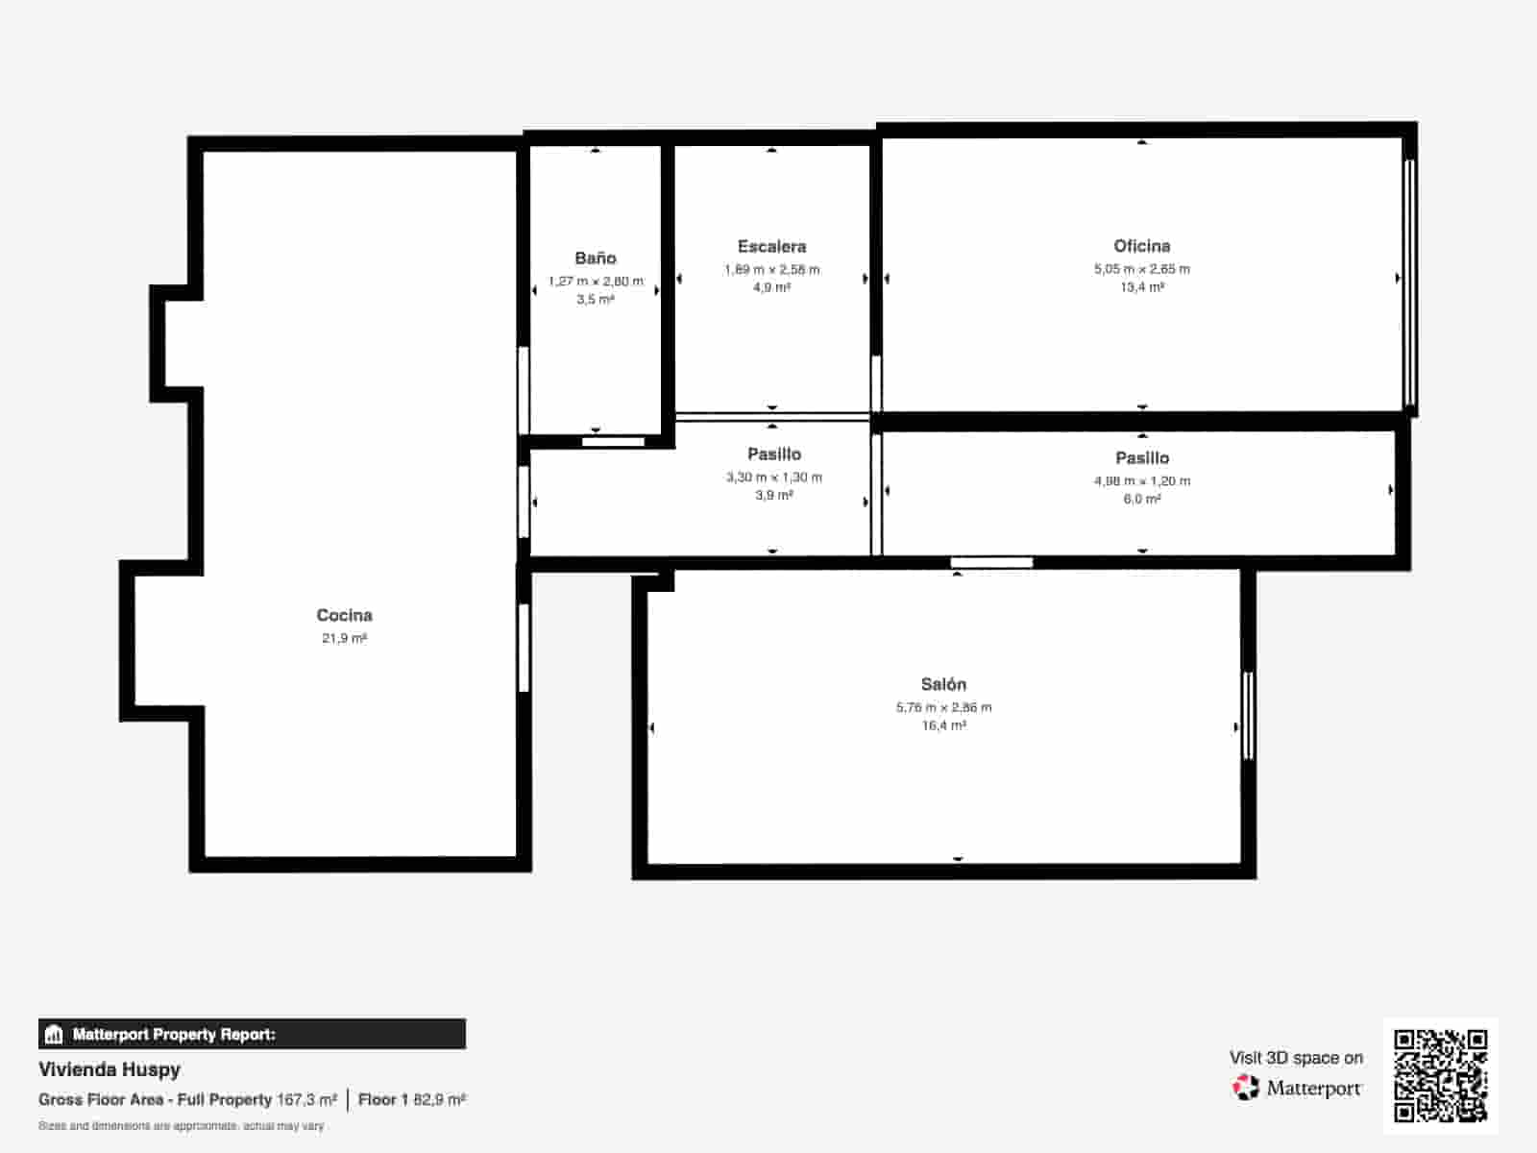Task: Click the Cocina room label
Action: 344,615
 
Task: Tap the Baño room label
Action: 595,258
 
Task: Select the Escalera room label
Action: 771,246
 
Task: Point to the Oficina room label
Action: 1141,245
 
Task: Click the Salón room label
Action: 943,684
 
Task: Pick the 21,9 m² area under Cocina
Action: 344,638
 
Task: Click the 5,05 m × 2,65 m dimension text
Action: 1141,269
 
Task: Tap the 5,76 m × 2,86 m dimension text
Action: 943,707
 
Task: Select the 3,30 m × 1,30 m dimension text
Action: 773,477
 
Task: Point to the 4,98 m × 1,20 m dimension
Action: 1141,480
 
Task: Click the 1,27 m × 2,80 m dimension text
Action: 596,281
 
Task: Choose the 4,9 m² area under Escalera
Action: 771,287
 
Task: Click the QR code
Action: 1440,1075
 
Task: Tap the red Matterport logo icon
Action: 1245,1088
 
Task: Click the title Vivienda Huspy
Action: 110,1068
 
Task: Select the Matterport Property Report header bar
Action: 252,1034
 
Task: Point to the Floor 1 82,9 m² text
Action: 411,1099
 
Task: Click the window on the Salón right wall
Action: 1248,716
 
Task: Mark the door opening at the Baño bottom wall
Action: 613,442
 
